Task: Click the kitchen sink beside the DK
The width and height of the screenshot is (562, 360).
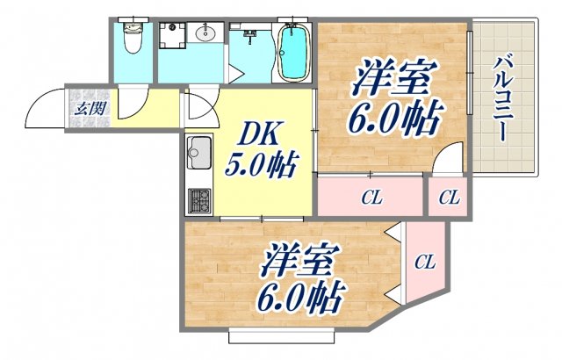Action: click(x=198, y=155)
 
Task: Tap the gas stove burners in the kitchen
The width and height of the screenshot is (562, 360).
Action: click(x=198, y=200)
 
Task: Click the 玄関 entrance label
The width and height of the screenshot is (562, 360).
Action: click(x=87, y=109)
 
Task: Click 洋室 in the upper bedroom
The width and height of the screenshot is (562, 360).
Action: click(x=393, y=81)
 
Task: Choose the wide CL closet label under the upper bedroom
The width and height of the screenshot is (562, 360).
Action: click(x=372, y=198)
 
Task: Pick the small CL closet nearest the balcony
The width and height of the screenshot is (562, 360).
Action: click(x=450, y=198)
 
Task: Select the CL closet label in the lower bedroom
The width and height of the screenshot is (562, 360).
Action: click(x=425, y=261)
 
